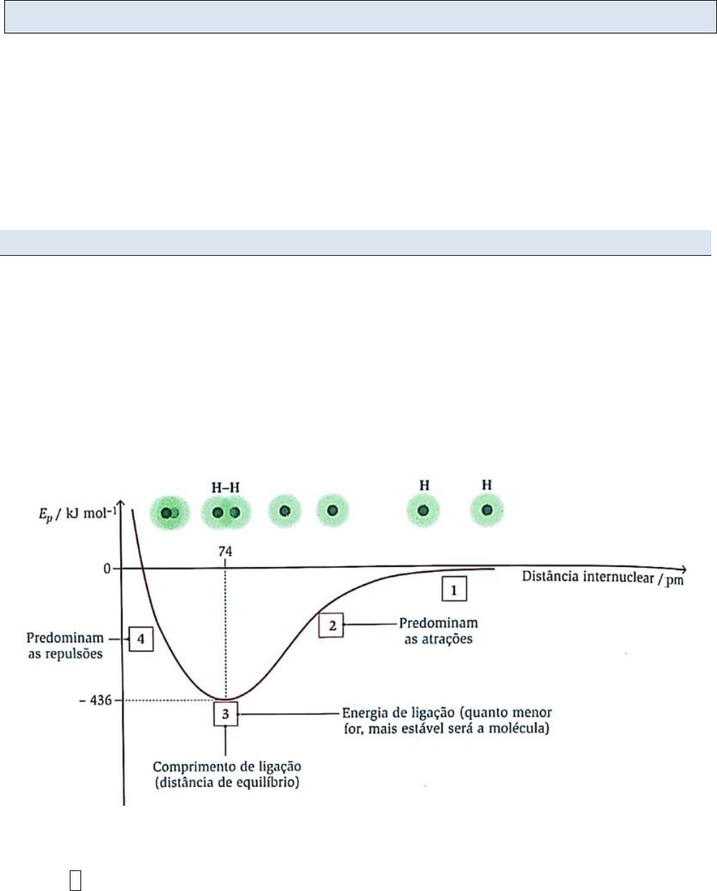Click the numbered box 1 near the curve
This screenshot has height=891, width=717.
(x=454, y=589)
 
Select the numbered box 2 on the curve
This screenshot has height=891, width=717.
(x=330, y=625)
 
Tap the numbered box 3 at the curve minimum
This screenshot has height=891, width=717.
(x=226, y=714)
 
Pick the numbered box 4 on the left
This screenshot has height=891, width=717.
(x=141, y=639)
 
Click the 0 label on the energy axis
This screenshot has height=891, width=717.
(x=107, y=568)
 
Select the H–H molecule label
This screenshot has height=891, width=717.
(x=226, y=488)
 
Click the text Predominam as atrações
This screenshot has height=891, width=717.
(x=438, y=631)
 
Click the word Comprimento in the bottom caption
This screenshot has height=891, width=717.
(x=186, y=767)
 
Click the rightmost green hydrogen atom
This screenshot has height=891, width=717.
(x=487, y=511)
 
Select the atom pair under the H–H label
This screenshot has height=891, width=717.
(x=224, y=513)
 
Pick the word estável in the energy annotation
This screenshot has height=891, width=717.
(x=473, y=729)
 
